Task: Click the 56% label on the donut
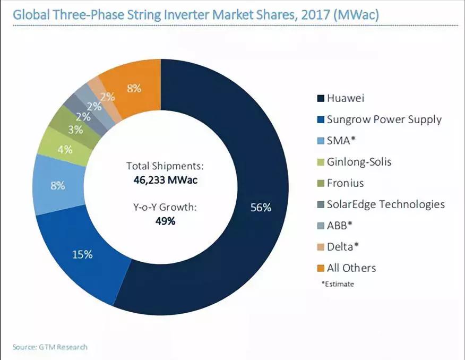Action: coord(261,208)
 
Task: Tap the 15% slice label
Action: coord(82,254)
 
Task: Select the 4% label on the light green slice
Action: coord(65,150)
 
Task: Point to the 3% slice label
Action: coord(75,129)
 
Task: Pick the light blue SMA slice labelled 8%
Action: coord(57,186)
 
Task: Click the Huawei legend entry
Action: coord(345,98)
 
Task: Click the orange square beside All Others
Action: coord(320,268)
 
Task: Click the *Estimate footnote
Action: coord(338,284)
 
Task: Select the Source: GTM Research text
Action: coord(50,347)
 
